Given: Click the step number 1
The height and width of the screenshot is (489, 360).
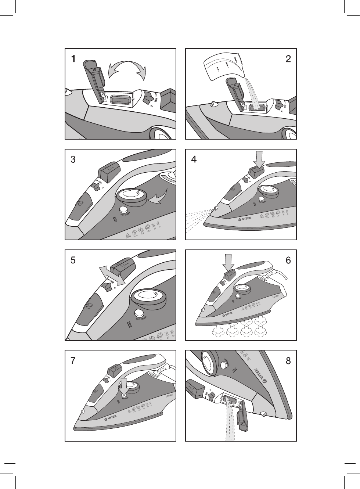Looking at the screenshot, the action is tap(73, 59).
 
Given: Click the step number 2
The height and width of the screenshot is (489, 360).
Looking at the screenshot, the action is tap(288, 59).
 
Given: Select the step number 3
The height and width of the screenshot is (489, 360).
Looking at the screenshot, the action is tap(73, 160).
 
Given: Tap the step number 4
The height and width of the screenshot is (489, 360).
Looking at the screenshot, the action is tap(194, 160).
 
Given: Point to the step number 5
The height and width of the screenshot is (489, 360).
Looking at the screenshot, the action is tap(73, 260).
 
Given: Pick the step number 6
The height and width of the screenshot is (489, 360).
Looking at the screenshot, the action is tap(288, 260).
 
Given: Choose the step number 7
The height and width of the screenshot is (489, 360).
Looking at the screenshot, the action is tap(73, 361).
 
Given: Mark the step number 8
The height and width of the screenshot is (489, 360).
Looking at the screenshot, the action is tap(288, 361).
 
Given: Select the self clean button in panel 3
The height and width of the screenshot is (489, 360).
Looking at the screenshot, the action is tap(123, 209).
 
